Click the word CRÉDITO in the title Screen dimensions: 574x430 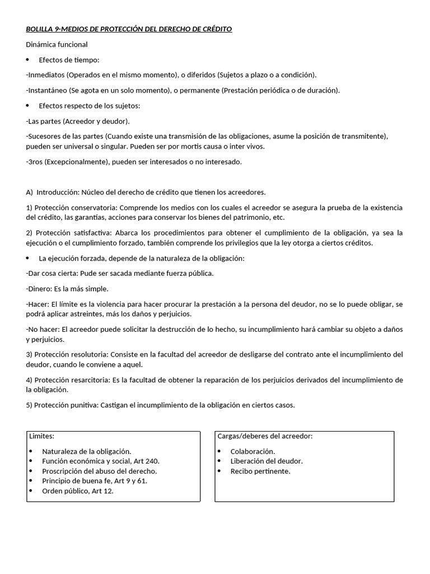215,29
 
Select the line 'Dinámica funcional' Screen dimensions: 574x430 57,44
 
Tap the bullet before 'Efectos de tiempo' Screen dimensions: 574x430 28,60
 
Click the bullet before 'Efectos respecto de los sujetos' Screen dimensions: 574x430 28,106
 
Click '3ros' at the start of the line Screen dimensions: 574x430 35,161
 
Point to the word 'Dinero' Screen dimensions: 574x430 39,289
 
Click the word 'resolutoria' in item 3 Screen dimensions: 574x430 90,354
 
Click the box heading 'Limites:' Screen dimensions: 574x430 42,436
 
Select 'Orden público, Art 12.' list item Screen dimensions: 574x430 77,491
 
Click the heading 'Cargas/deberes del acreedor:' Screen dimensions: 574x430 265,436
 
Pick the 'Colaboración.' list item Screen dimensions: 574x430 253,451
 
